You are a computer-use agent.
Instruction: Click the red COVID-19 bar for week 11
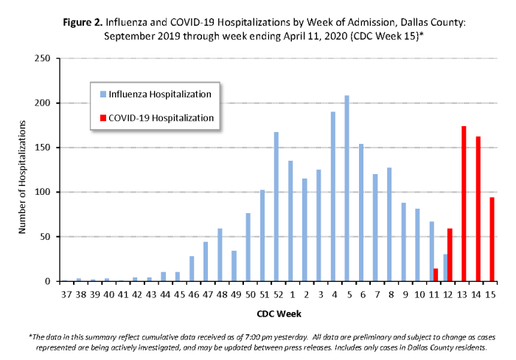point(436,275)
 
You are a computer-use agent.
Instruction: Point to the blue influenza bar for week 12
point(445,268)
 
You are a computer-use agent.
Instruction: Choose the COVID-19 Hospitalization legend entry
point(161,117)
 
